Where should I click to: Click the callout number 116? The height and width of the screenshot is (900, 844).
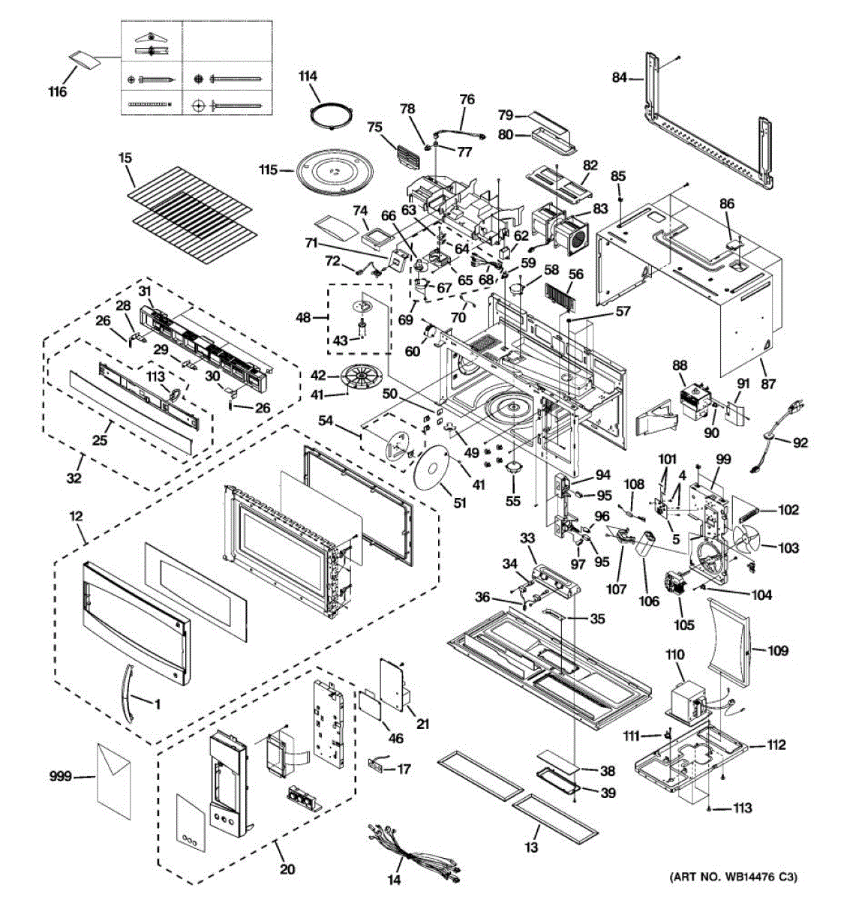point(58,92)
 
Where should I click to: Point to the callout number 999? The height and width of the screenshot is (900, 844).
point(60,776)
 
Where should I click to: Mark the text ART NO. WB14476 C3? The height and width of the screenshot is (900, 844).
point(733,889)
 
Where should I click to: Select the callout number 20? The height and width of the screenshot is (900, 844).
point(287,868)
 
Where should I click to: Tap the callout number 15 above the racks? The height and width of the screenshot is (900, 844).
point(125,158)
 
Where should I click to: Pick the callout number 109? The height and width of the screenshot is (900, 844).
point(778,651)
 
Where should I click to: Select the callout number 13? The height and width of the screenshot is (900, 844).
point(530,847)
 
